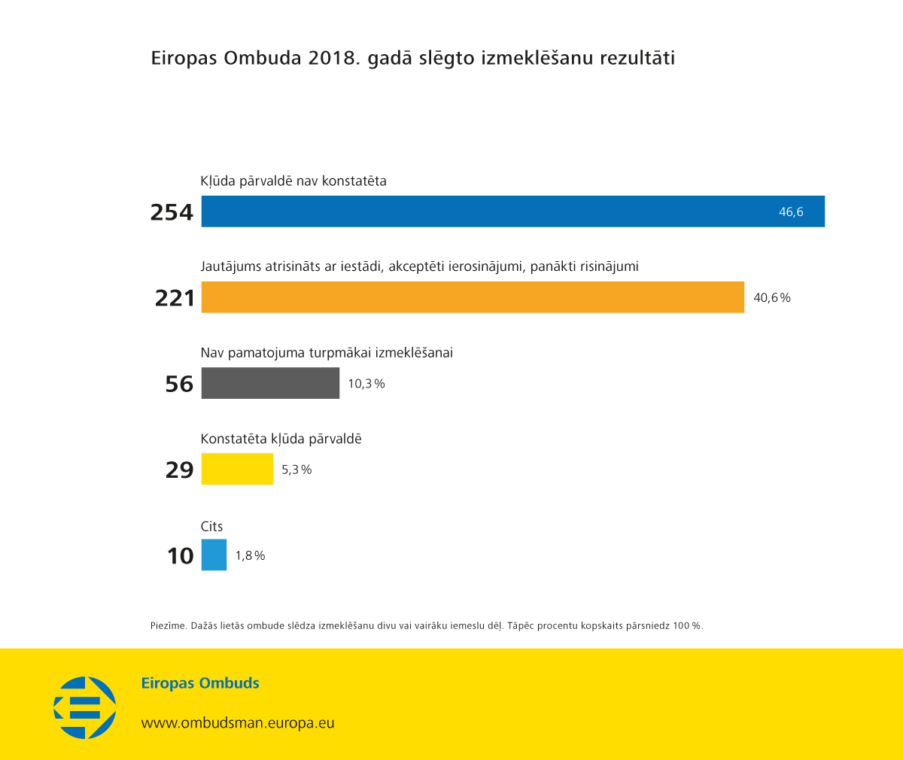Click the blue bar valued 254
[x=512, y=211]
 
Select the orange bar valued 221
[x=473, y=297]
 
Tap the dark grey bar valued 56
[x=270, y=383]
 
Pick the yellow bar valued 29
[x=237, y=469]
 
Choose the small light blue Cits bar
[x=214, y=555]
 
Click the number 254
[x=172, y=212]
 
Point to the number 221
[x=175, y=298]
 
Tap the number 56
[x=179, y=384]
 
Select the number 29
[x=179, y=470]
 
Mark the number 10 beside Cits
[x=181, y=556]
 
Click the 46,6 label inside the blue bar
[x=791, y=212]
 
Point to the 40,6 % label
[x=772, y=298]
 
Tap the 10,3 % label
[x=366, y=384]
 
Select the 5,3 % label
[x=296, y=470]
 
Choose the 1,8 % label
[x=250, y=556]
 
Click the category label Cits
[x=211, y=527]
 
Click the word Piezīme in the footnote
[x=168, y=626]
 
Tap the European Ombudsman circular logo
[x=85, y=707]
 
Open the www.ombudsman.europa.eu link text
[x=238, y=723]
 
